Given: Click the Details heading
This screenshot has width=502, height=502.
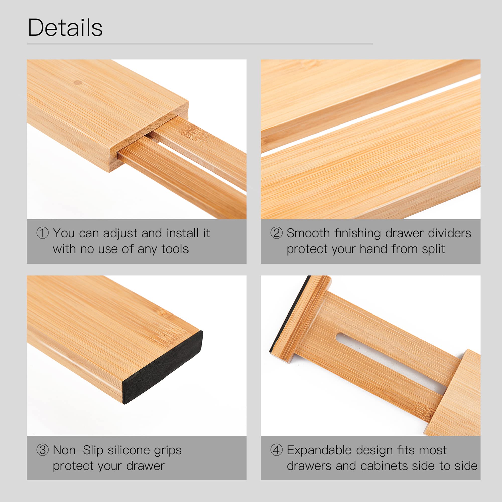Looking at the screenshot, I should click(x=65, y=28).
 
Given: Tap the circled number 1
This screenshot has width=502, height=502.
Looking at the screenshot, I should click(x=43, y=233).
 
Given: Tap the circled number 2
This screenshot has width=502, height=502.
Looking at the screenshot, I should click(x=276, y=233).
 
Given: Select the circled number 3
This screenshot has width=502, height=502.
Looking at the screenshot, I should click(x=43, y=450).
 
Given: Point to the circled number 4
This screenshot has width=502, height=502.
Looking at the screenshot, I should click(x=276, y=450).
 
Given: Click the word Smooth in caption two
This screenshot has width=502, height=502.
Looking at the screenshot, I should click(x=308, y=233).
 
